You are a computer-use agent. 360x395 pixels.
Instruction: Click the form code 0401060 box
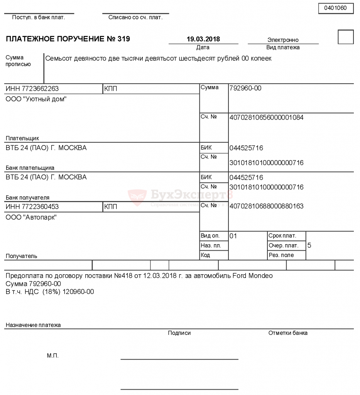336,8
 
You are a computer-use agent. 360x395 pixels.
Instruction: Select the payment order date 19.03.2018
203,39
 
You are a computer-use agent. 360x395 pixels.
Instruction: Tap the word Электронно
283,40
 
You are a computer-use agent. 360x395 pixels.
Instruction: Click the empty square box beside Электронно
345,37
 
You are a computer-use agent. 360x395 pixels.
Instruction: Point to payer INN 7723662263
32,89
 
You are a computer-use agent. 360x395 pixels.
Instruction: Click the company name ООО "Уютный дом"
36,99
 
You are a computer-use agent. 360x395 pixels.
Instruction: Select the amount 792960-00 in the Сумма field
245,88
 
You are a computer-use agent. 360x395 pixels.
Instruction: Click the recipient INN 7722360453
32,207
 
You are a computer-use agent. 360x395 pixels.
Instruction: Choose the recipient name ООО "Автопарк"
31,218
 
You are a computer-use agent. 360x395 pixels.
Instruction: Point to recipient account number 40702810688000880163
266,206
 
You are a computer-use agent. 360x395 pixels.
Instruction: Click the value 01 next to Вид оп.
233,236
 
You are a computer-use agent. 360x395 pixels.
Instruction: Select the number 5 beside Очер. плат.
309,245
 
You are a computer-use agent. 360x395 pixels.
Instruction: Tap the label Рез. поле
281,255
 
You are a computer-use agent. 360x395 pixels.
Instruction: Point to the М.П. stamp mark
52,356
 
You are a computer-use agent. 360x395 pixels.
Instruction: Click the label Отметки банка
288,333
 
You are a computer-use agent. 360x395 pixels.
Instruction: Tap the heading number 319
124,39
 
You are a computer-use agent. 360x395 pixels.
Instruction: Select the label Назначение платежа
33,325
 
